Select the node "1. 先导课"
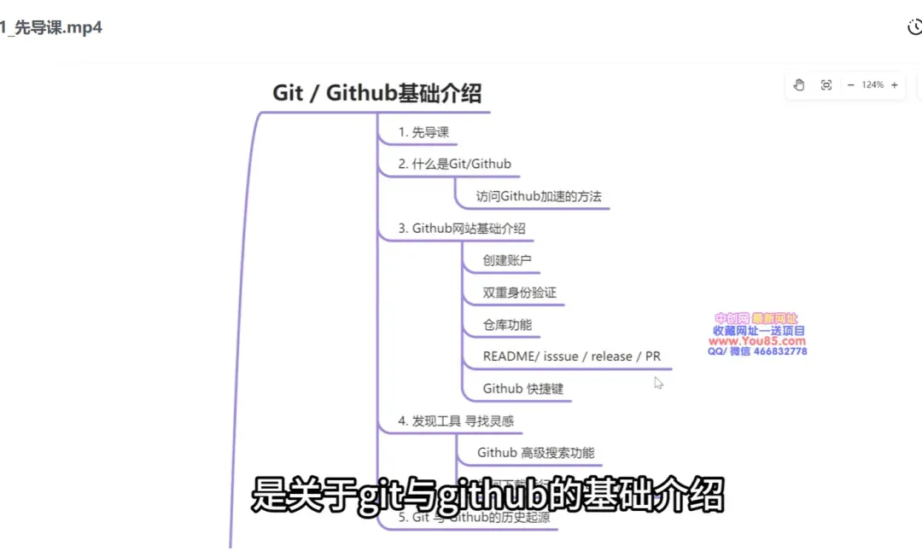(x=423, y=132)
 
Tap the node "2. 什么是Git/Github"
(x=454, y=164)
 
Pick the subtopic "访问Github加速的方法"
(x=539, y=196)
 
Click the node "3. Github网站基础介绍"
(x=462, y=229)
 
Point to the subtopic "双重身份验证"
(x=519, y=293)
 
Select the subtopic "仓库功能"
(x=507, y=325)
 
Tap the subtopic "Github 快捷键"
(x=522, y=389)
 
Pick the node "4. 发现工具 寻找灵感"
(x=456, y=420)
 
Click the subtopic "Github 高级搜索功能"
(x=535, y=453)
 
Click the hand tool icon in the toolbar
(x=799, y=84)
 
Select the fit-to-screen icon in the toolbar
(x=826, y=84)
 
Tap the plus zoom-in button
(x=894, y=84)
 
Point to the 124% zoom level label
(x=872, y=84)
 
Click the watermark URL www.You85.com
(x=757, y=341)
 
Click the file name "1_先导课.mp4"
(x=51, y=27)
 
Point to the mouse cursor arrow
(x=658, y=383)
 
